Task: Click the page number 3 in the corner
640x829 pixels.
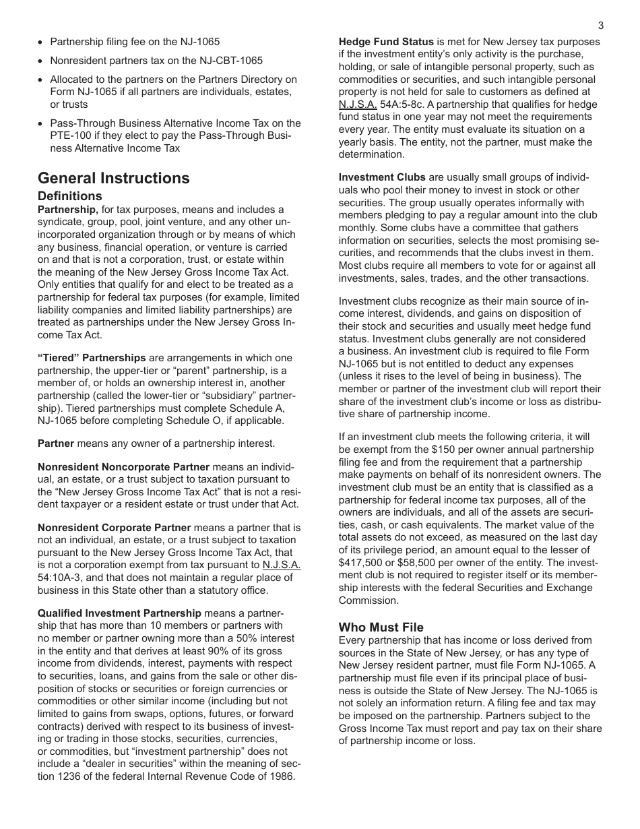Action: click(600, 26)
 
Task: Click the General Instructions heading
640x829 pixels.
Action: click(114, 178)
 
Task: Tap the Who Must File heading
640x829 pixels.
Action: click(381, 627)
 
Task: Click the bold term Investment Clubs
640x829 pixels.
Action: click(382, 177)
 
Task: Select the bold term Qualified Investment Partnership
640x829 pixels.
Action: click(119, 613)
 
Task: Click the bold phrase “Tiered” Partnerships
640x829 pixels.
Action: click(92, 358)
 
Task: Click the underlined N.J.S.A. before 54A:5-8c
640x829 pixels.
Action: click(358, 104)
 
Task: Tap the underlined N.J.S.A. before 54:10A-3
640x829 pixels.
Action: click(282, 565)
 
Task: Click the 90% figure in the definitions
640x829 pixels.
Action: click(192, 651)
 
